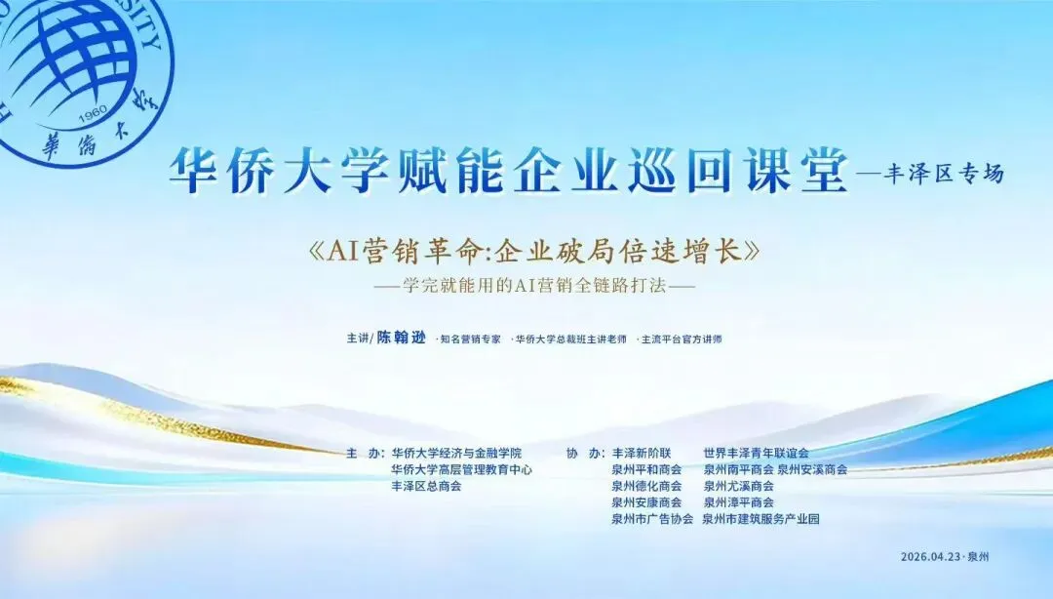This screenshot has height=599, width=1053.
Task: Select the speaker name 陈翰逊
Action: click(x=401, y=339)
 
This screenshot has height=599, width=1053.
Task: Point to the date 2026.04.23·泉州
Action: click(x=945, y=557)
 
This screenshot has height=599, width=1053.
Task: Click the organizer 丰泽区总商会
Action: click(x=426, y=486)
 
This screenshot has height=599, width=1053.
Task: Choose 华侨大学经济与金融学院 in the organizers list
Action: click(x=456, y=453)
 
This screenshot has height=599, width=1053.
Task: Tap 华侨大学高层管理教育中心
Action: click(x=462, y=470)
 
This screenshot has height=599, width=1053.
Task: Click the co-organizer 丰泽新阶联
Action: click(x=642, y=453)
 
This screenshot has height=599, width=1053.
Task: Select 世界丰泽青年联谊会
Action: click(x=757, y=453)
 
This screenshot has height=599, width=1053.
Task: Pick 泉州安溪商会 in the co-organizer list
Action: click(x=812, y=470)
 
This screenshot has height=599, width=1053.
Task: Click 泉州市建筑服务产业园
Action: click(x=760, y=519)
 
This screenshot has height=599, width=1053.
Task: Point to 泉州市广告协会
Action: click(x=652, y=519)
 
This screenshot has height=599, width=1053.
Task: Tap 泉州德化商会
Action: click(x=646, y=486)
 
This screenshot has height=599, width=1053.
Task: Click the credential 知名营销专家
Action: click(x=469, y=339)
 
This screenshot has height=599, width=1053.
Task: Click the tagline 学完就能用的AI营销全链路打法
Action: click(x=534, y=286)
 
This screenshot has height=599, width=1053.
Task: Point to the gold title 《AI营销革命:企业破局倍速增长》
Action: click(x=534, y=252)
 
